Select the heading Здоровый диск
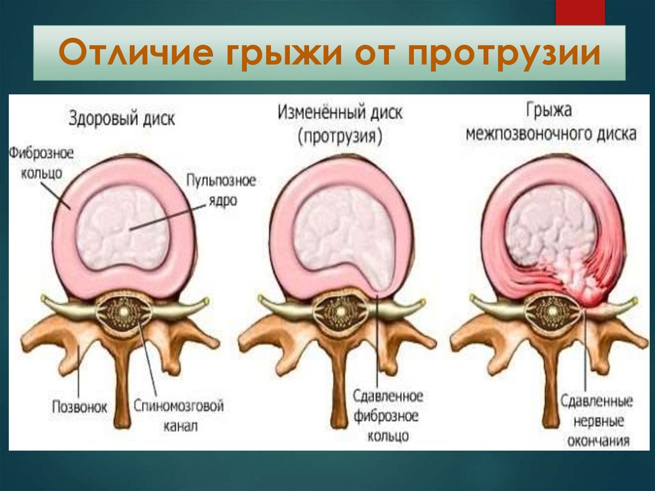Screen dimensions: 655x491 pyautogui.click(x=121, y=118)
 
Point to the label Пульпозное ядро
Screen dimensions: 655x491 pyautogui.click(x=221, y=189)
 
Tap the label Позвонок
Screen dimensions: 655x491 pyautogui.click(x=78, y=406)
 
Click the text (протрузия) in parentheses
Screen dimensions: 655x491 pyautogui.click(x=339, y=136)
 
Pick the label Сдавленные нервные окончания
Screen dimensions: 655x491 pyautogui.click(x=596, y=421)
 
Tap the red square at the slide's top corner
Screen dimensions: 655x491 pyautogui.click(x=580, y=12)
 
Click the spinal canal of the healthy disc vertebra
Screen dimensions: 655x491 pyautogui.click(x=122, y=312)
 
